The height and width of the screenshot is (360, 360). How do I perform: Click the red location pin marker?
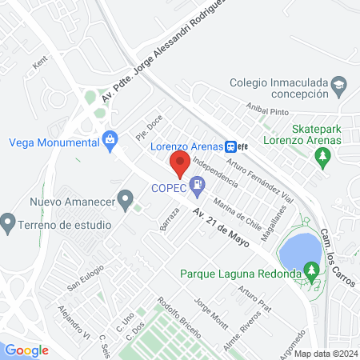[x=180, y=165]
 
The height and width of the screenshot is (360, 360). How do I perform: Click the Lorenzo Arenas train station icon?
[x=230, y=146]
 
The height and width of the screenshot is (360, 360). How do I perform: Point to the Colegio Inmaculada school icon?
[x=339, y=84]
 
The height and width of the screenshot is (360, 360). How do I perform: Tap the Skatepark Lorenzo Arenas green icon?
[x=323, y=157]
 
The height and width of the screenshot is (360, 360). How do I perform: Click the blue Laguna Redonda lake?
[x=295, y=250]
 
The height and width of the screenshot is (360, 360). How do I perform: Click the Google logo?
[x=27, y=350]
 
